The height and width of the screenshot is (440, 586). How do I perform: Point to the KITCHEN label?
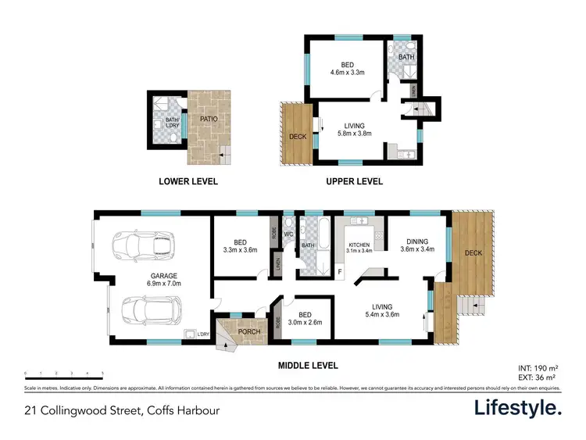tap(360, 246)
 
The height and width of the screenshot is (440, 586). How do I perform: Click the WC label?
tap(288, 234)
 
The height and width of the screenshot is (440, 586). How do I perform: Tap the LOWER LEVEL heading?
tap(188, 182)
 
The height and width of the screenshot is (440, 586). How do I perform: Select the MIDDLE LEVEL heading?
tap(307, 364)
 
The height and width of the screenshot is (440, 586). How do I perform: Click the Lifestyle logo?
tap(518, 408)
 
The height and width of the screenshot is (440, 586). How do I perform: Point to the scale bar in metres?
tap(64, 374)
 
